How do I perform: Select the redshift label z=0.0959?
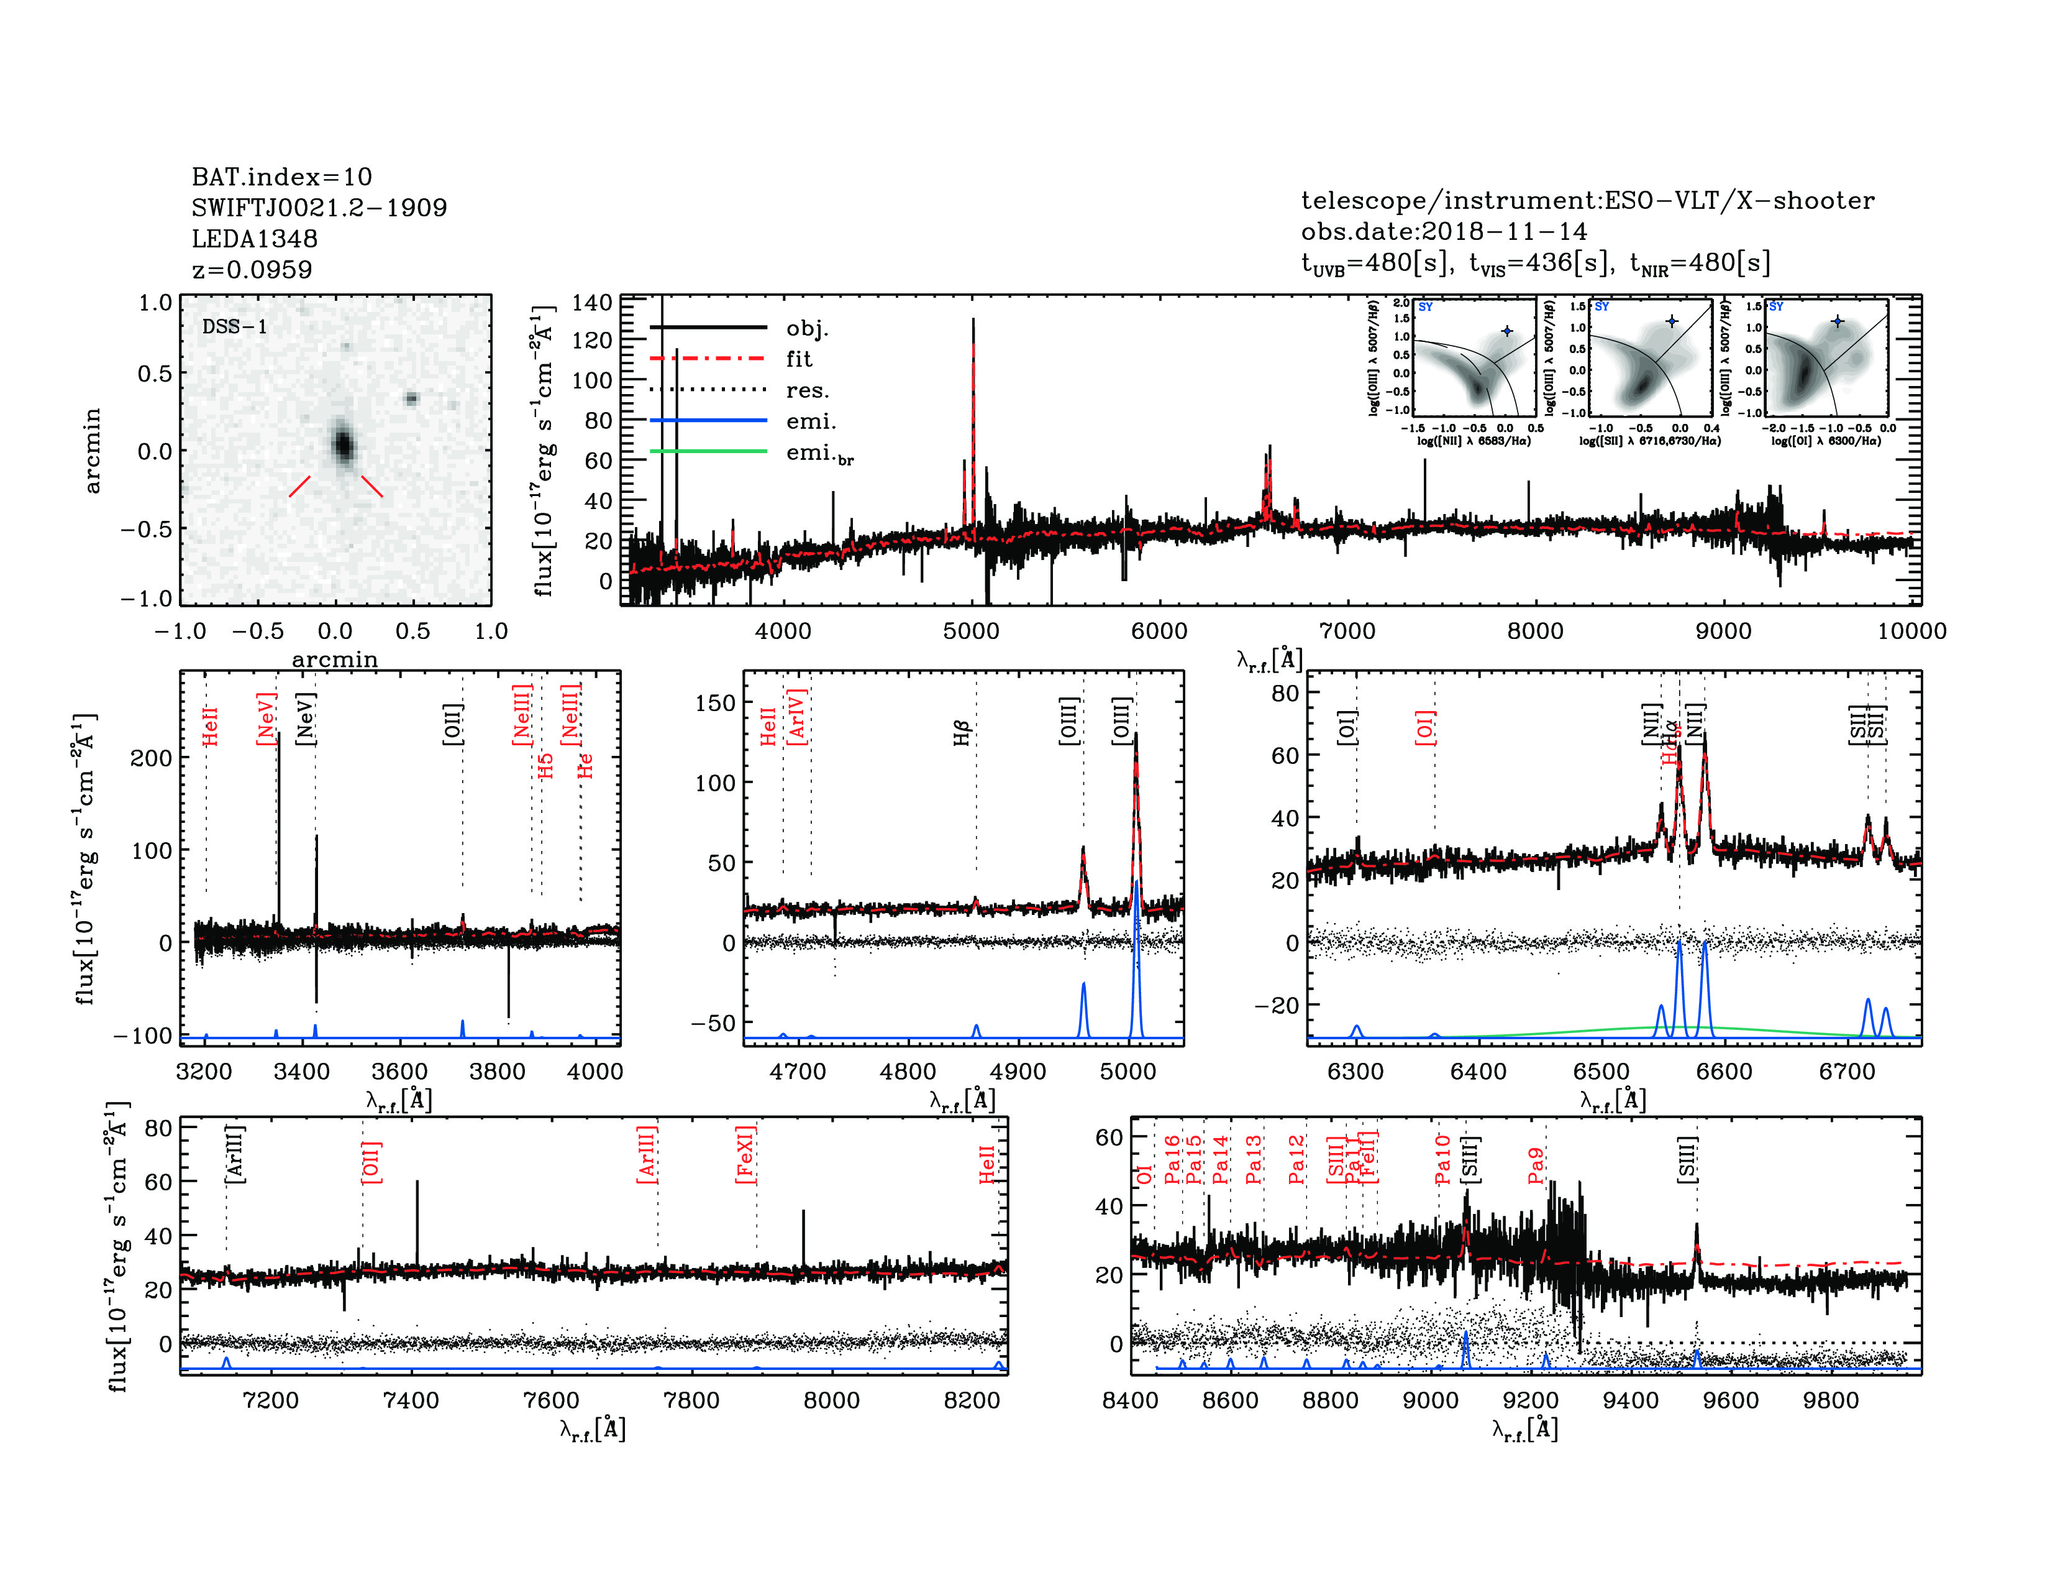pyautogui.click(x=252, y=270)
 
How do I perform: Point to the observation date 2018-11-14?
pyautogui.click(x=1505, y=231)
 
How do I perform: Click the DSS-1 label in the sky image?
pyautogui.click(x=235, y=327)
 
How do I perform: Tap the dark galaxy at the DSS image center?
pyautogui.click(x=343, y=444)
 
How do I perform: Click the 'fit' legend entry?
pyautogui.click(x=799, y=359)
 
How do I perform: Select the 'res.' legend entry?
pyautogui.click(x=807, y=390)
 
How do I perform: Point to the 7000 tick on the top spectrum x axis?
pyautogui.click(x=1347, y=630)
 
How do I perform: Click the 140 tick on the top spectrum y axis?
pyautogui.click(x=591, y=302)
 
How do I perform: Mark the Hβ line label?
pyautogui.click(x=961, y=732)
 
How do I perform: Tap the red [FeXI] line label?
pyautogui.click(x=745, y=1154)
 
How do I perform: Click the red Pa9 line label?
pyautogui.click(x=1536, y=1165)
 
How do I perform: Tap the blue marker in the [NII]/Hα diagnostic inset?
pyautogui.click(x=1506, y=331)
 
